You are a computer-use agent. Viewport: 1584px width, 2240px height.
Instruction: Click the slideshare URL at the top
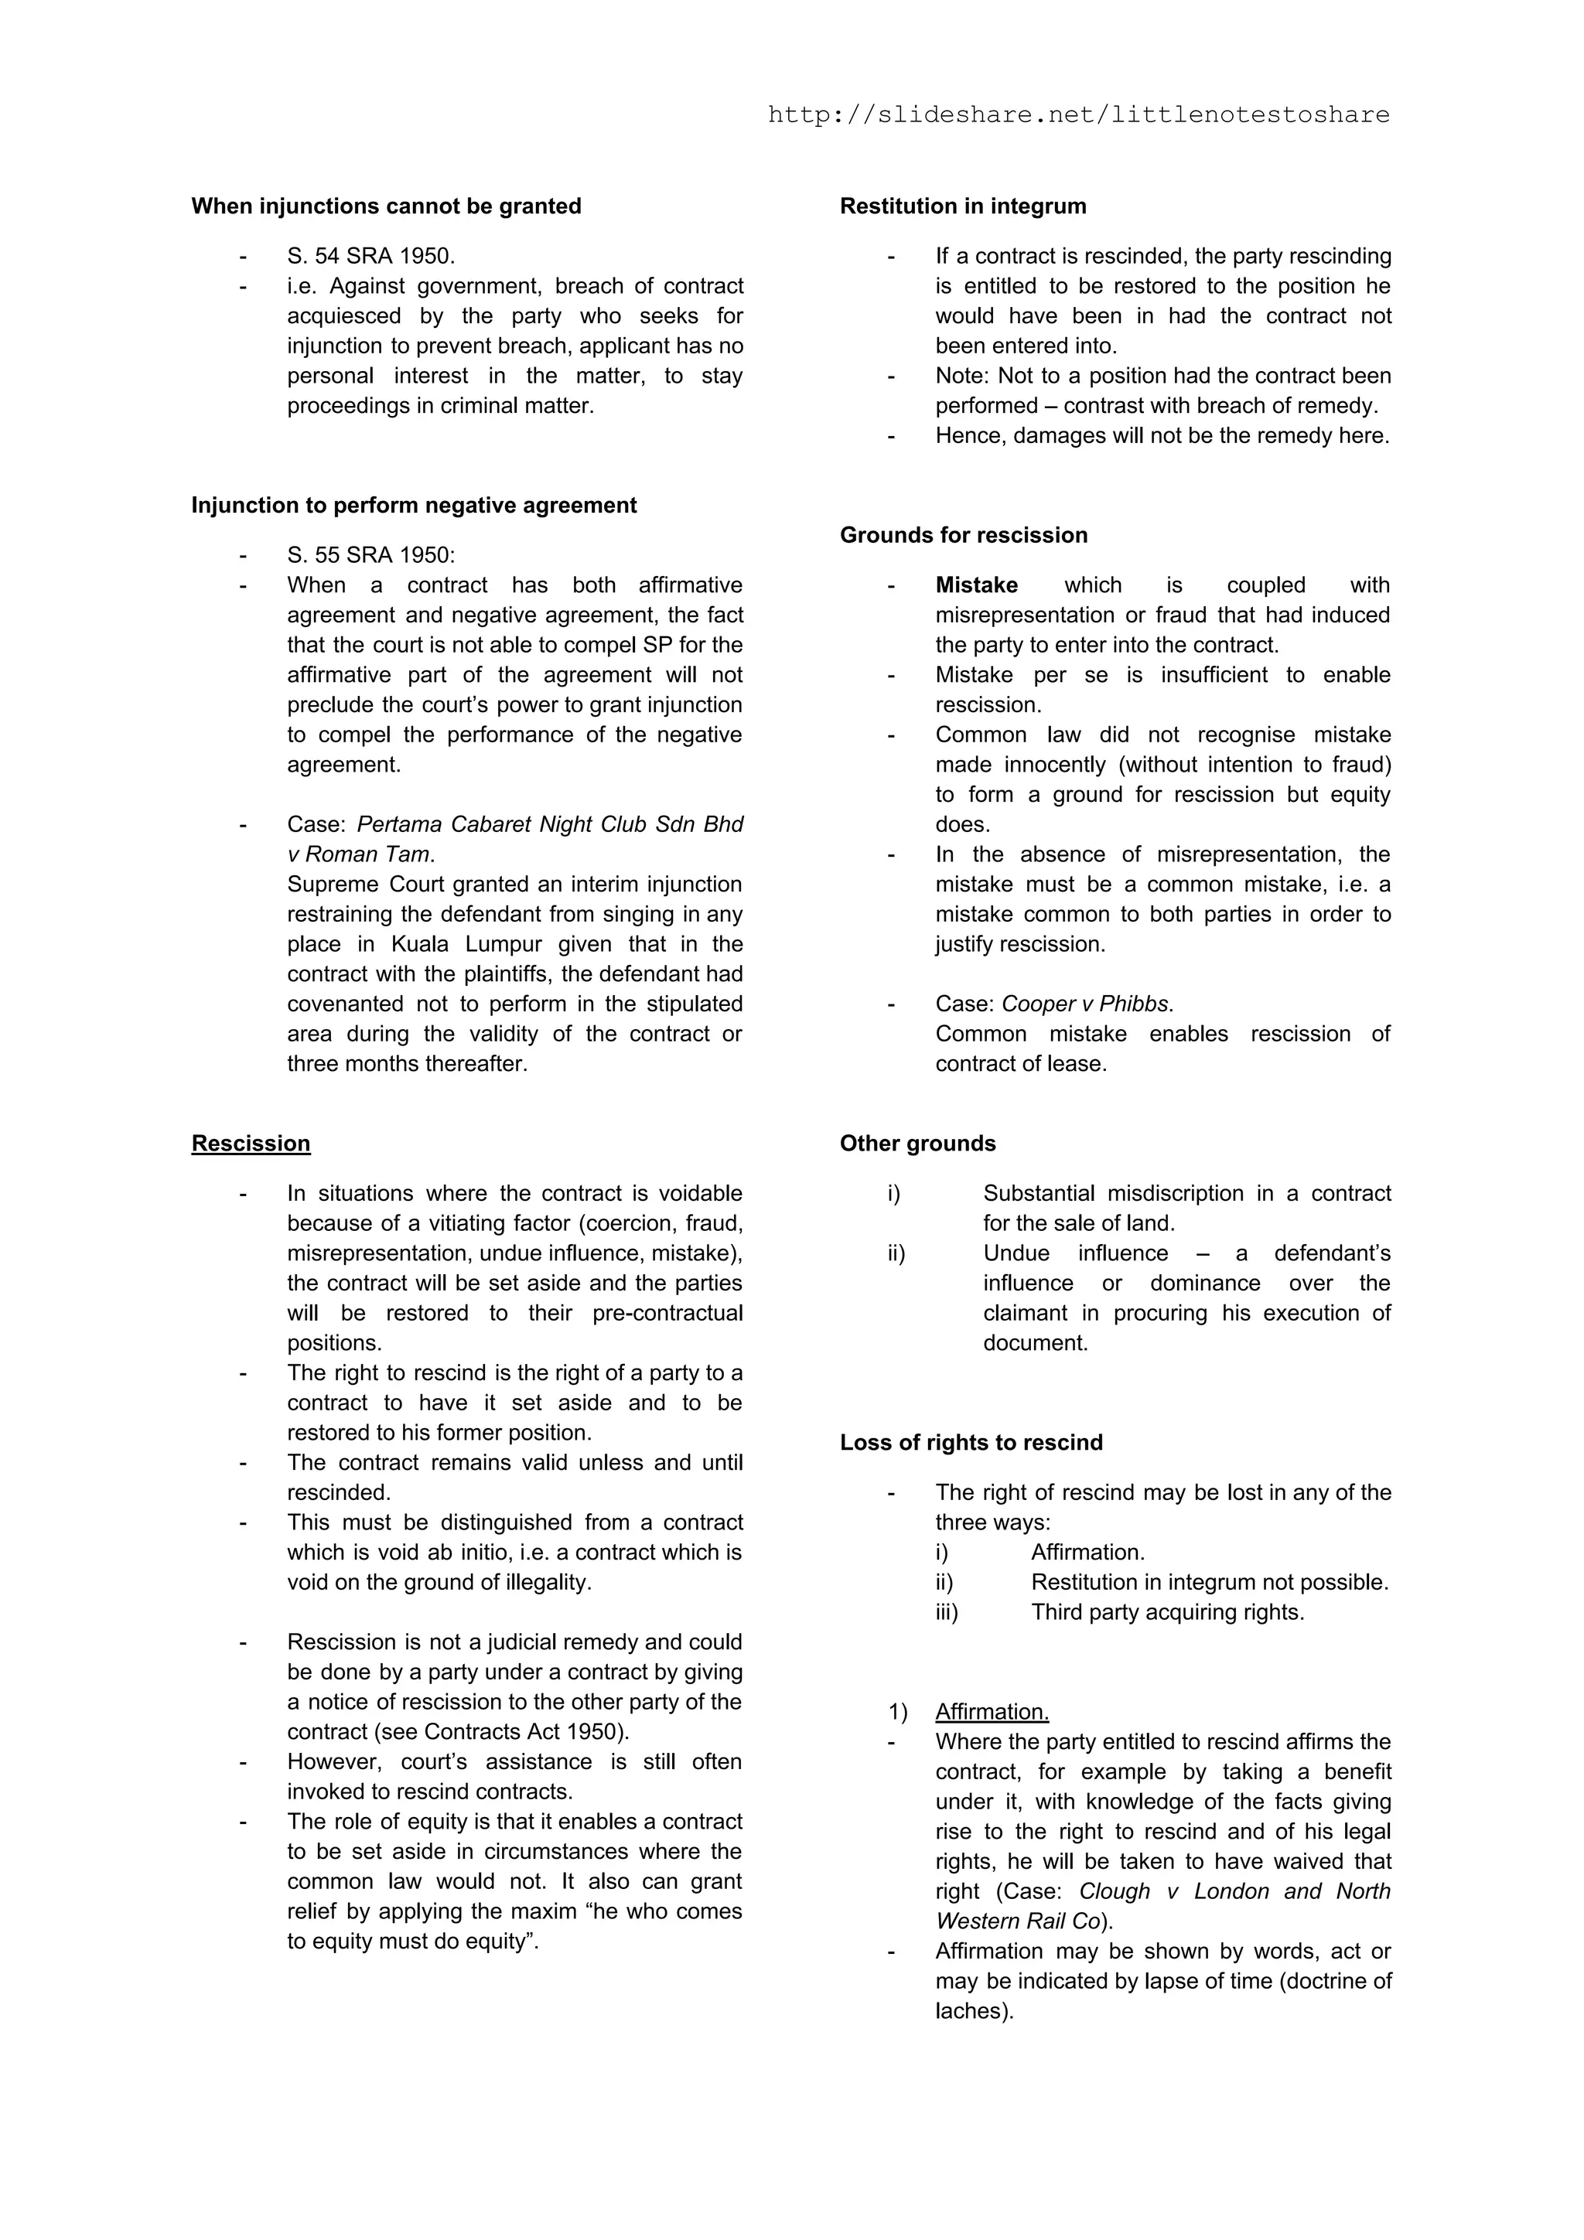1078,115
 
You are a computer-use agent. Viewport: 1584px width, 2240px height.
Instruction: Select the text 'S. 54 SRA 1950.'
371,256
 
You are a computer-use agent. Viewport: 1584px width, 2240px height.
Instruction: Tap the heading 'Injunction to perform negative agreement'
414,506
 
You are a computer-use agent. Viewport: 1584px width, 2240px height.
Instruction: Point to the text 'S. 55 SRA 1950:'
371,555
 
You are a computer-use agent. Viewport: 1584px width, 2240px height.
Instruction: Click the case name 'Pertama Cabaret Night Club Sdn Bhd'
549,824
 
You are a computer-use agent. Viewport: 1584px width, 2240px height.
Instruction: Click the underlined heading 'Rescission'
251,1144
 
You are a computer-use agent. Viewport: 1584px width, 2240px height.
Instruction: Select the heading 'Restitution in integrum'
962,206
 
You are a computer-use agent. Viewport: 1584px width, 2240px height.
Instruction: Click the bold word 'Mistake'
976,585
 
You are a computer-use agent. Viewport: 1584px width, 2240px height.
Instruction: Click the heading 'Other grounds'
917,1144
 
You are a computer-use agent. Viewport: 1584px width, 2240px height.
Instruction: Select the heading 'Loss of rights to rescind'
971,1442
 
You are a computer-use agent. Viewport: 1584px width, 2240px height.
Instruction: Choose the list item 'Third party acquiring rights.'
1167,1611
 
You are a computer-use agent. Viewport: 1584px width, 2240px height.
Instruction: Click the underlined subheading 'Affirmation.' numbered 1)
992,1711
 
